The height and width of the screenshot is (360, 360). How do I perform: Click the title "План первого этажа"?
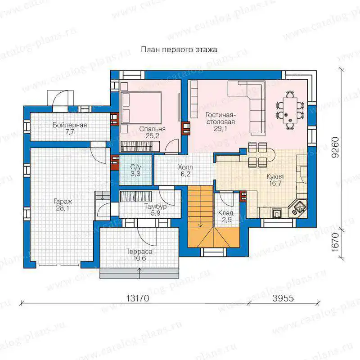tap(179, 49)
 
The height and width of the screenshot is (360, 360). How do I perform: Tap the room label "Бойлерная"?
tap(70, 125)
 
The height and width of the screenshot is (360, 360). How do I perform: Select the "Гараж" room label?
tap(63, 202)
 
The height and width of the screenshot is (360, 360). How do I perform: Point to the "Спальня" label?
tap(152, 129)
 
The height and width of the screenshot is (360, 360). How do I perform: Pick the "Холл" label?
tap(185, 167)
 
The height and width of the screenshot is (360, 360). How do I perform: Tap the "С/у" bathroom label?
tap(135, 167)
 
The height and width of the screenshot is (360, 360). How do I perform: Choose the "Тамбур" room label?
tap(155, 207)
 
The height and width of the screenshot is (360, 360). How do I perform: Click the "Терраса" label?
tap(139, 252)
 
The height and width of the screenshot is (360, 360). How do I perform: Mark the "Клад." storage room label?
tap(226, 213)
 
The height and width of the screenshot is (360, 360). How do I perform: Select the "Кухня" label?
tap(275, 177)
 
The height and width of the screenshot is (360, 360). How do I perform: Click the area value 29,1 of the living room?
tap(220, 129)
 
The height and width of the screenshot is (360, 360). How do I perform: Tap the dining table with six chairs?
tap(290, 111)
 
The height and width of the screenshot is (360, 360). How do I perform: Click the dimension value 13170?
tap(138, 298)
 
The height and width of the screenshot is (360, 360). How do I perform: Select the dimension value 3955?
tap(283, 298)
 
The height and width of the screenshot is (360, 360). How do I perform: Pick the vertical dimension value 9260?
tap(335, 147)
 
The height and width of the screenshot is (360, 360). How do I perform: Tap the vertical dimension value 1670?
tap(335, 242)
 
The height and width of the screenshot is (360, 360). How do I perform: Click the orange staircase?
tap(213, 217)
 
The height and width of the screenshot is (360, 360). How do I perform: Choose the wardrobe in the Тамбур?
tap(136, 196)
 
